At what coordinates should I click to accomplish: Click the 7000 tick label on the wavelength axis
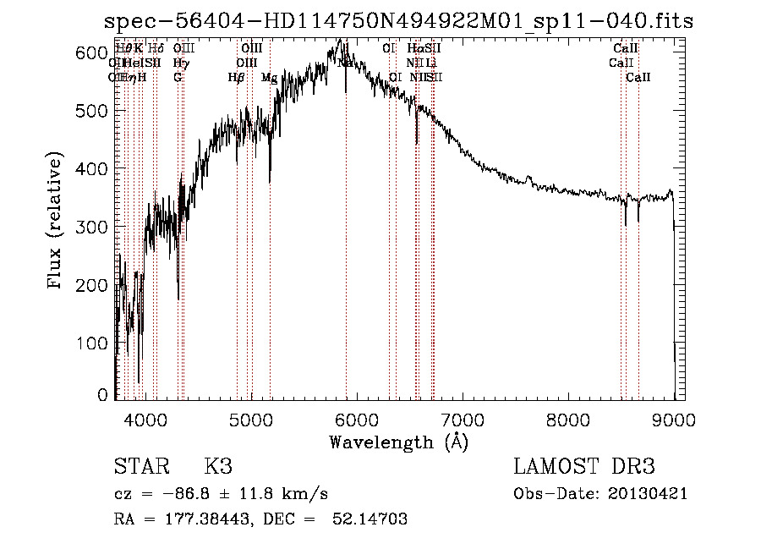pyautogui.click(x=463, y=420)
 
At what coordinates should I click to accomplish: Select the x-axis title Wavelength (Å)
pyautogui.click(x=398, y=442)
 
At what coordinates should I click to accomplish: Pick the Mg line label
pyautogui.click(x=269, y=78)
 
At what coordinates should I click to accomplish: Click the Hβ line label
pyautogui.click(x=237, y=78)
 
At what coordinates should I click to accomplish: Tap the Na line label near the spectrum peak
pyautogui.click(x=345, y=63)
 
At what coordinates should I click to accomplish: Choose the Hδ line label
pyautogui.click(x=156, y=49)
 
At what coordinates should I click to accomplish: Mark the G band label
pyautogui.click(x=178, y=78)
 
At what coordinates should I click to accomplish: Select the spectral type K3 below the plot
pyautogui.click(x=217, y=468)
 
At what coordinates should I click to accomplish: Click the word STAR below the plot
pyautogui.click(x=140, y=468)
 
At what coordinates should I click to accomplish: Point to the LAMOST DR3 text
pyautogui.click(x=584, y=468)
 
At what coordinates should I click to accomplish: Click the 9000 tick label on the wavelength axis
pyautogui.click(x=675, y=420)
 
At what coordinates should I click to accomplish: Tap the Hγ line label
pyautogui.click(x=180, y=63)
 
